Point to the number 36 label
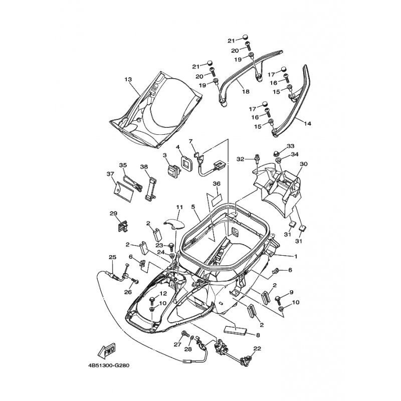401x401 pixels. (x=217, y=184)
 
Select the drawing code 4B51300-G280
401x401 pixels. (x=111, y=365)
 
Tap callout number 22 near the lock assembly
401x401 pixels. (x=257, y=348)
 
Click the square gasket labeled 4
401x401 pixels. (x=185, y=162)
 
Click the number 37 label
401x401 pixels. (x=110, y=173)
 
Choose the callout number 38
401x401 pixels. (x=144, y=166)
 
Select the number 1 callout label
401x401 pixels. (x=295, y=256)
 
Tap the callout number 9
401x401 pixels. (x=291, y=292)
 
